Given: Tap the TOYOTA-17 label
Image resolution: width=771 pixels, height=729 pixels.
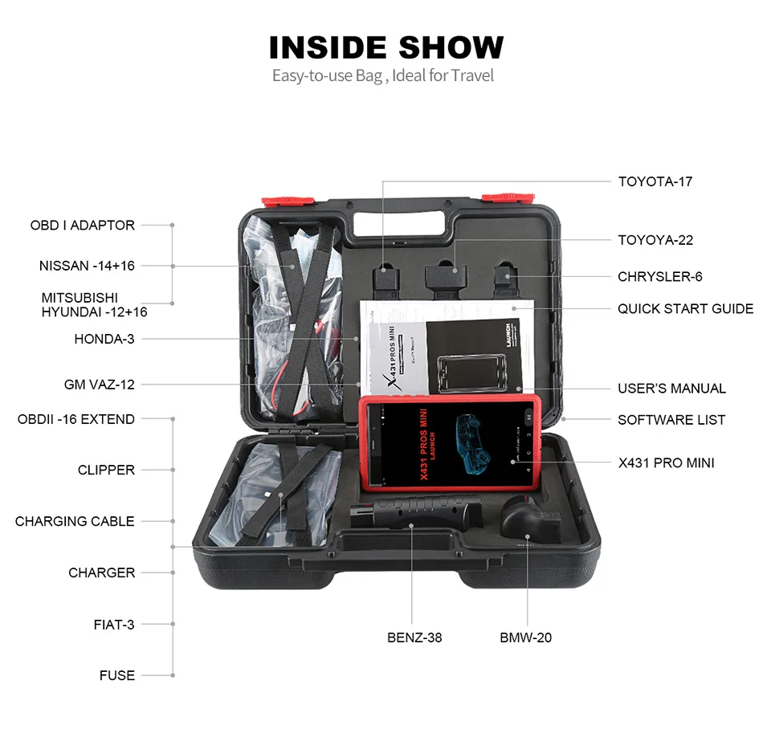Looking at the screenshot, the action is (x=655, y=181).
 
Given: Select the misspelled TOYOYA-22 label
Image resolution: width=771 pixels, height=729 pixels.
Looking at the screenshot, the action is (x=655, y=240).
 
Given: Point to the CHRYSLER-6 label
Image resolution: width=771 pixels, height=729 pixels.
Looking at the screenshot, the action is (x=659, y=277).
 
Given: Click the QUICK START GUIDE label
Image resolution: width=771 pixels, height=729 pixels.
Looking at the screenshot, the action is (x=685, y=309).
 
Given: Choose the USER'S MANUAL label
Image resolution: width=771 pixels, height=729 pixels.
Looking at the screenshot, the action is (x=671, y=389).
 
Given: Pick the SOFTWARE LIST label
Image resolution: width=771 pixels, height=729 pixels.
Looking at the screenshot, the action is (x=671, y=420).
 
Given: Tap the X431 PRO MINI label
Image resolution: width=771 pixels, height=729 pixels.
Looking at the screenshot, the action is (x=666, y=462).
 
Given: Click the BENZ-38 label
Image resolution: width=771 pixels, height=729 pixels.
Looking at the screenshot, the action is (x=414, y=638).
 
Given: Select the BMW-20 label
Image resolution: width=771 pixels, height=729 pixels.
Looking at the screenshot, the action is (x=525, y=638).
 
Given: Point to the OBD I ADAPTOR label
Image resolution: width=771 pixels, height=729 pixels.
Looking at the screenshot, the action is (x=83, y=226).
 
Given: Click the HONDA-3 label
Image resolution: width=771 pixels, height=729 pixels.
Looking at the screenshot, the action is (x=104, y=339).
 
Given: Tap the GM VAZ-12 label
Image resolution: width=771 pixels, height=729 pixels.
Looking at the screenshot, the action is (x=100, y=385).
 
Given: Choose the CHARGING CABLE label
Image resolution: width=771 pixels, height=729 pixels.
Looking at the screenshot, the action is (x=75, y=522).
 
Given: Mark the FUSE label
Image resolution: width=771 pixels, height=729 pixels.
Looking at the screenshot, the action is (x=117, y=675).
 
